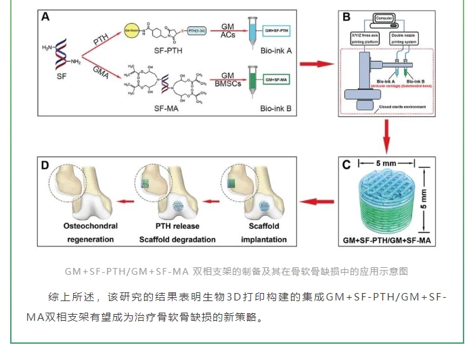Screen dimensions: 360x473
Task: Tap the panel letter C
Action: tap(345, 164)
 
